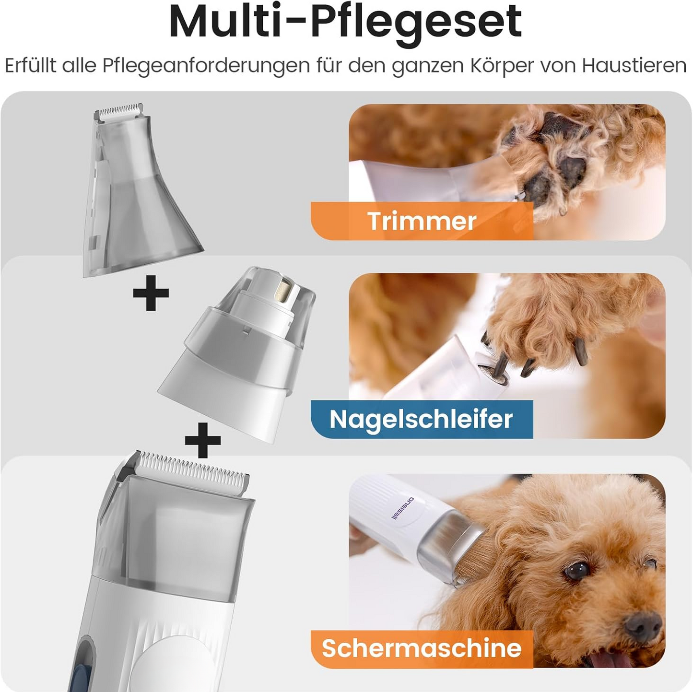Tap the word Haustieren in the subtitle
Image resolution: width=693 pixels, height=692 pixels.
pos(634,66)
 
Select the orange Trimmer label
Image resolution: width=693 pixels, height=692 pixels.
pos(422,221)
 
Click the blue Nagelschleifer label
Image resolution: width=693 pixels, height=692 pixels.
pos(421,419)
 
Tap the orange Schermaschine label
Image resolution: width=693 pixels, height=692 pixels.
pos(421,648)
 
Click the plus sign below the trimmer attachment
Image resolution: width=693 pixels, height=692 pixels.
pos(151,292)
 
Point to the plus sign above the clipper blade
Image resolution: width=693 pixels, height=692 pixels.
pos(203,440)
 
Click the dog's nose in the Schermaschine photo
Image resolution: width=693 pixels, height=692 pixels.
pos(643,624)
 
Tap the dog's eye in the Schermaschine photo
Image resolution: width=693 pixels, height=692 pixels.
pos(576,570)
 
